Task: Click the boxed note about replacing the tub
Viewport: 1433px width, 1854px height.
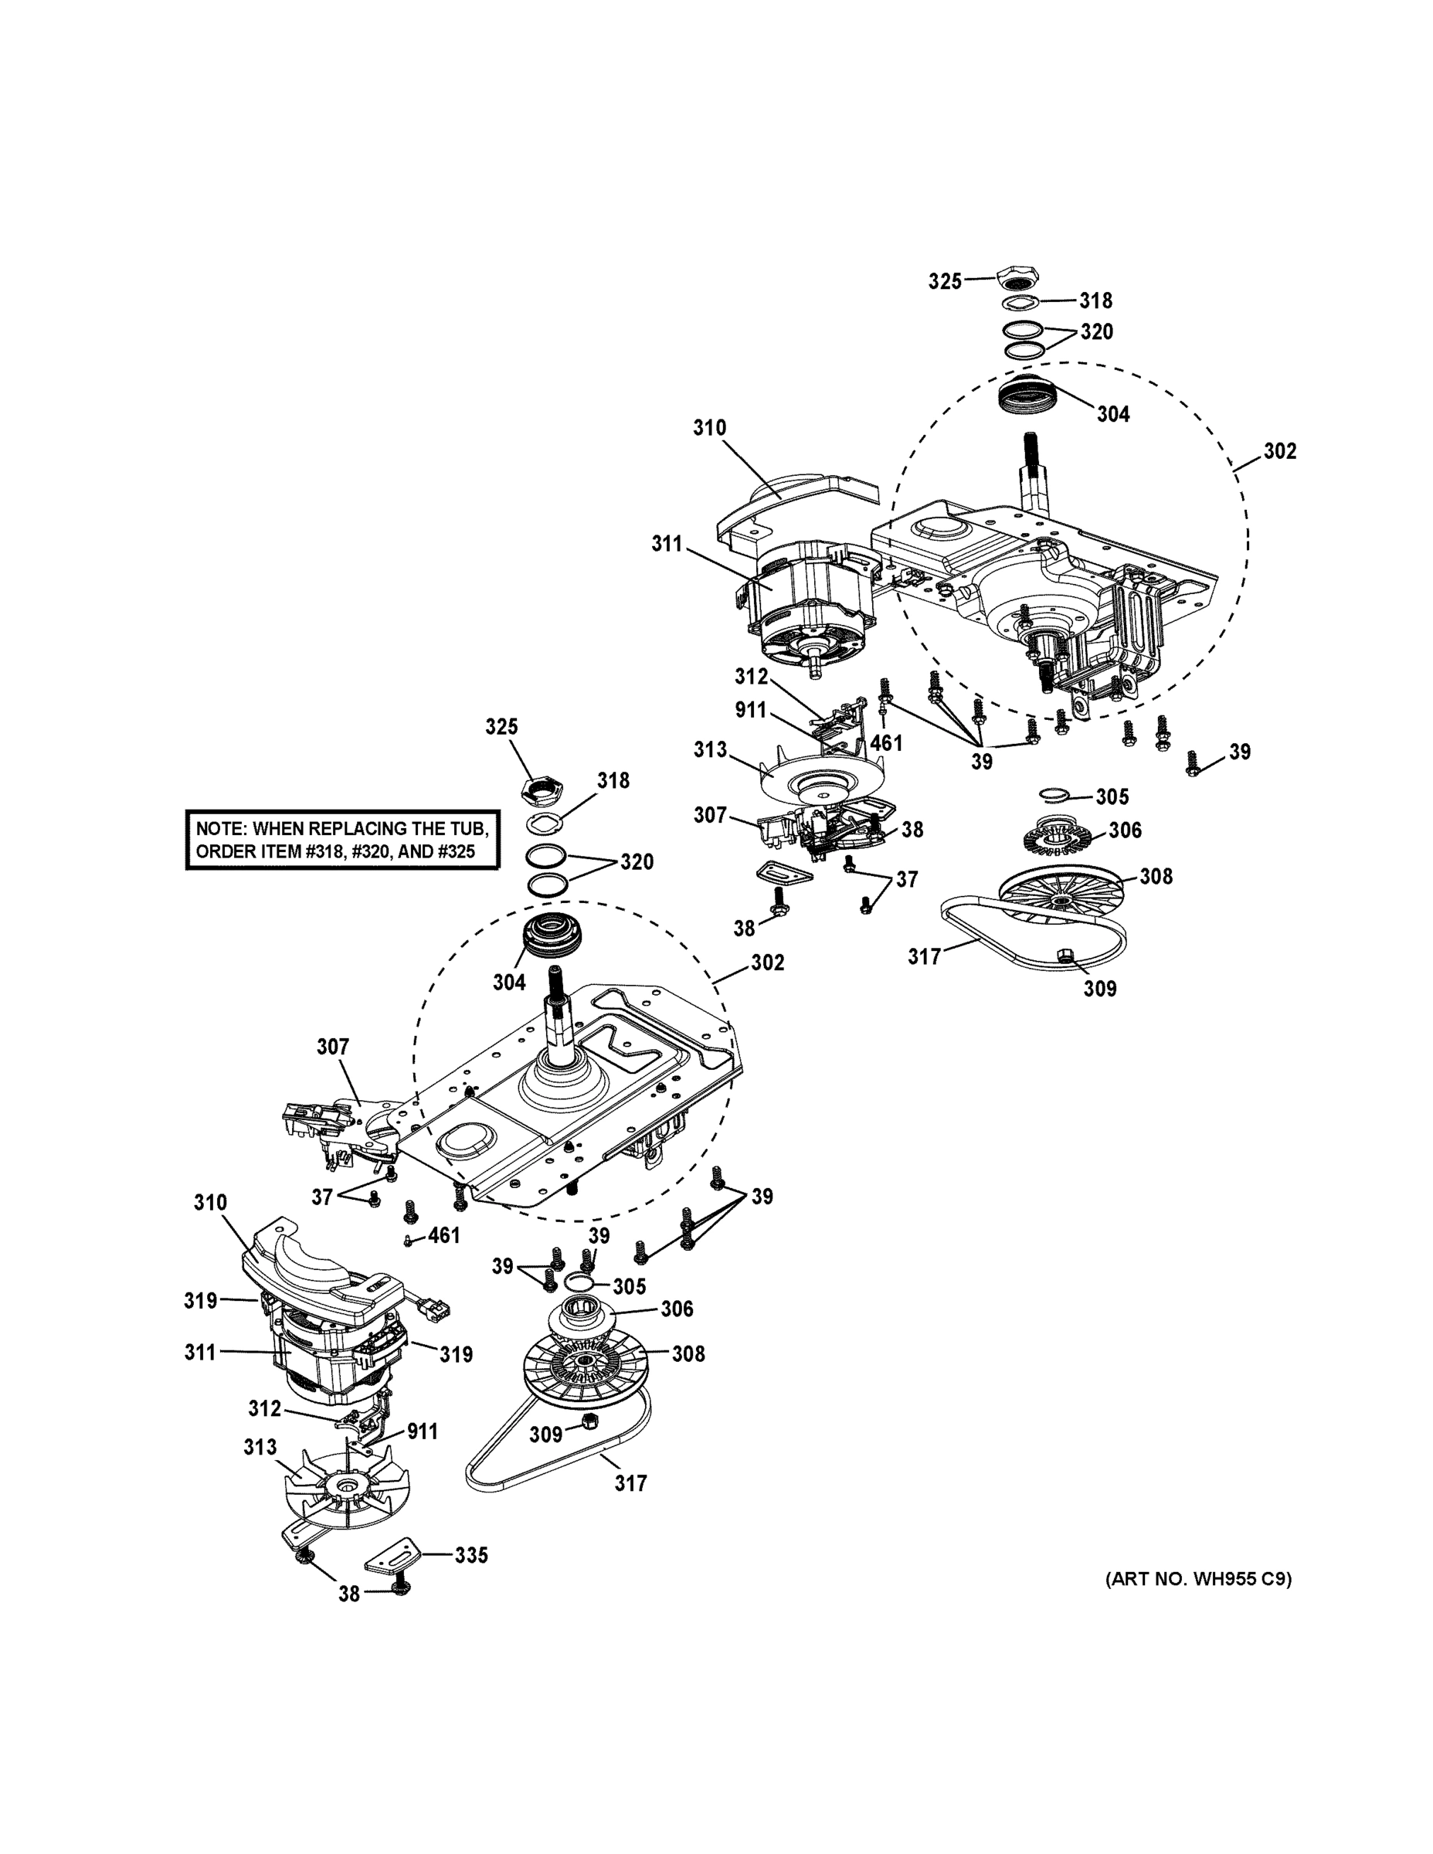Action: tap(342, 840)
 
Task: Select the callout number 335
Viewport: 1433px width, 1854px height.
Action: tap(471, 1554)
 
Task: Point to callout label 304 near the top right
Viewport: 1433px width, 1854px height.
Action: tap(1113, 413)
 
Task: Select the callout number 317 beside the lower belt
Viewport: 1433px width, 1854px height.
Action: tap(630, 1483)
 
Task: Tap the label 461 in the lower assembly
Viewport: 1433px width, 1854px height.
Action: tap(444, 1235)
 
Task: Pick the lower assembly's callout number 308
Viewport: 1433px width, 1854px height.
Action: tap(688, 1354)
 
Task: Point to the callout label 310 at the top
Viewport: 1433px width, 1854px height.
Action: tap(709, 427)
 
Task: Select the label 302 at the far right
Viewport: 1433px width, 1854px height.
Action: tap(1279, 451)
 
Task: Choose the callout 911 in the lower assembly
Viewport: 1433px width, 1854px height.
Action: tap(422, 1431)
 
